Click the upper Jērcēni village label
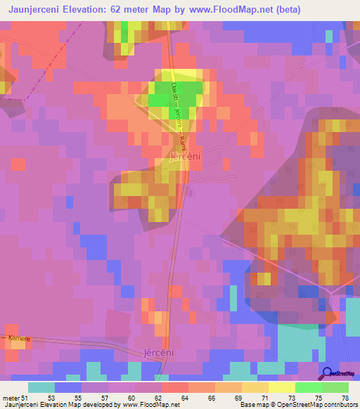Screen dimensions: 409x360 (186, 159)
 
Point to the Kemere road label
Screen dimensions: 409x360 (20, 339)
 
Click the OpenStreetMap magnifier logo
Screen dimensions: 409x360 (328, 375)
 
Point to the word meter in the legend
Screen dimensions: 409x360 (8, 398)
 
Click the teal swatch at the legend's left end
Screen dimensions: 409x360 (41, 387)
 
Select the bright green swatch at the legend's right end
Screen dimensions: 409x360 (335, 387)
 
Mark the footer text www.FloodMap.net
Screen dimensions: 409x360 (149, 405)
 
